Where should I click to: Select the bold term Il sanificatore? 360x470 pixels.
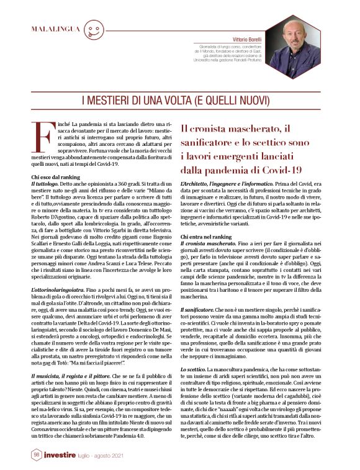(x=198, y=309)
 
